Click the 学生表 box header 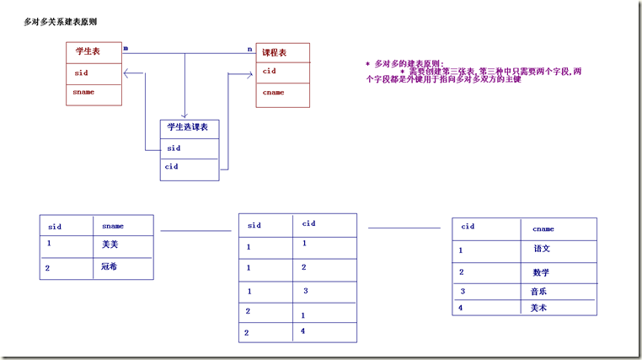tap(87, 52)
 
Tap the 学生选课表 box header tap(187, 126)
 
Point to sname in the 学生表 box tap(83, 91)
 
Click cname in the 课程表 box tap(273, 92)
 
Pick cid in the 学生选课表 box tap(172, 167)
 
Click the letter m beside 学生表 tap(126, 49)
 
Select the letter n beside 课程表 tap(249, 49)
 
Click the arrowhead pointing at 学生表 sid tap(126, 73)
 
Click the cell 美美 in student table tap(109, 244)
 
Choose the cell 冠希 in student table tap(109, 267)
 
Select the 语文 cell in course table tap(541, 250)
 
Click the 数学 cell tap(541, 272)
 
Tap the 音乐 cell tap(538, 291)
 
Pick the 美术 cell tap(538, 308)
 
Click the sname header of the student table tap(112, 226)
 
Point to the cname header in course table tap(543, 228)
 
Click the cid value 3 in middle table tap(306, 291)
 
